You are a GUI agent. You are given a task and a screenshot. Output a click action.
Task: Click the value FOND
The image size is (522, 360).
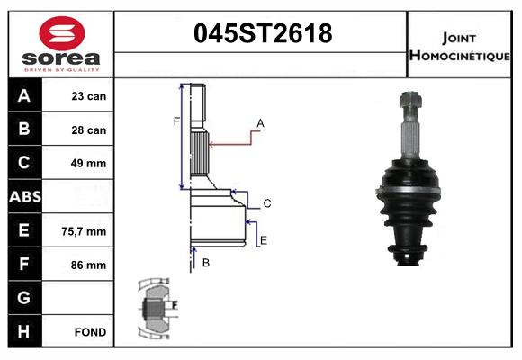(x=90, y=332)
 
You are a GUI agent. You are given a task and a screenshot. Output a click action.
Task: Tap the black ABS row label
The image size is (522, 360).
(x=24, y=197)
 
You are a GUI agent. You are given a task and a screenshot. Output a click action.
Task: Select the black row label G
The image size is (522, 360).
(x=24, y=298)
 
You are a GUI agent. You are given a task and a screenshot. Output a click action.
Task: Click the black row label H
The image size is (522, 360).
(x=24, y=331)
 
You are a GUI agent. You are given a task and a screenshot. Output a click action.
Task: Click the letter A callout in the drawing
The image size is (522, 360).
(x=260, y=122)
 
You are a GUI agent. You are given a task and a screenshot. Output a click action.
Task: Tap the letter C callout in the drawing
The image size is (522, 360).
(x=267, y=204)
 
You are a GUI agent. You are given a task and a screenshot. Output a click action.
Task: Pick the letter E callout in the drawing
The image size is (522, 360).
(x=263, y=239)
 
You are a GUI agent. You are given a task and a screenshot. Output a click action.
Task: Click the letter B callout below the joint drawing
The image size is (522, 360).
(x=206, y=263)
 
